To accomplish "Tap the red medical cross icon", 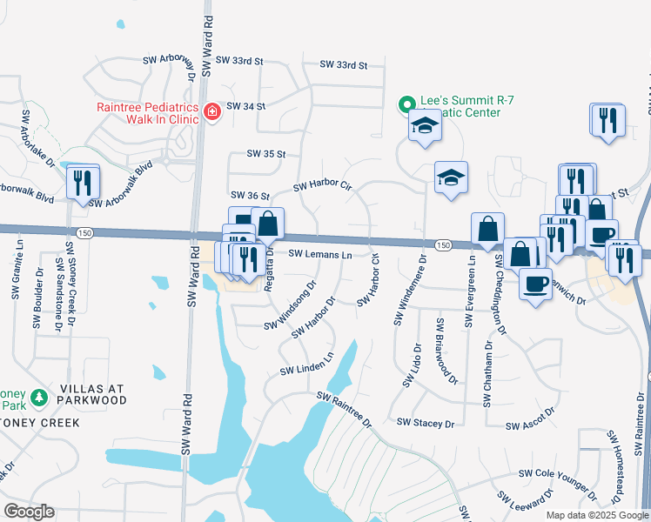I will click(x=211, y=110).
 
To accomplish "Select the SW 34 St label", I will click(x=245, y=106).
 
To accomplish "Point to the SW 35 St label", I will click(x=266, y=154).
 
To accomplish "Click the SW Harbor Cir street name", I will click(x=321, y=186).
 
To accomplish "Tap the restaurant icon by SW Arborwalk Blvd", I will click(x=83, y=183).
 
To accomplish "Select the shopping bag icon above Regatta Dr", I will click(x=268, y=224).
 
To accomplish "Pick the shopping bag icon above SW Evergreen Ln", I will click(x=487, y=229).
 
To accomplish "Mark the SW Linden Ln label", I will click(x=307, y=365).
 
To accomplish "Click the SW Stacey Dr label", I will click(x=426, y=423).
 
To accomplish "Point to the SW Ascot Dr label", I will click(x=530, y=419).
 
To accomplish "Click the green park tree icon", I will click(x=38, y=398).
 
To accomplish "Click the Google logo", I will click(x=29, y=511).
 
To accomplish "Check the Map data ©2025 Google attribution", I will click(x=596, y=515).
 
